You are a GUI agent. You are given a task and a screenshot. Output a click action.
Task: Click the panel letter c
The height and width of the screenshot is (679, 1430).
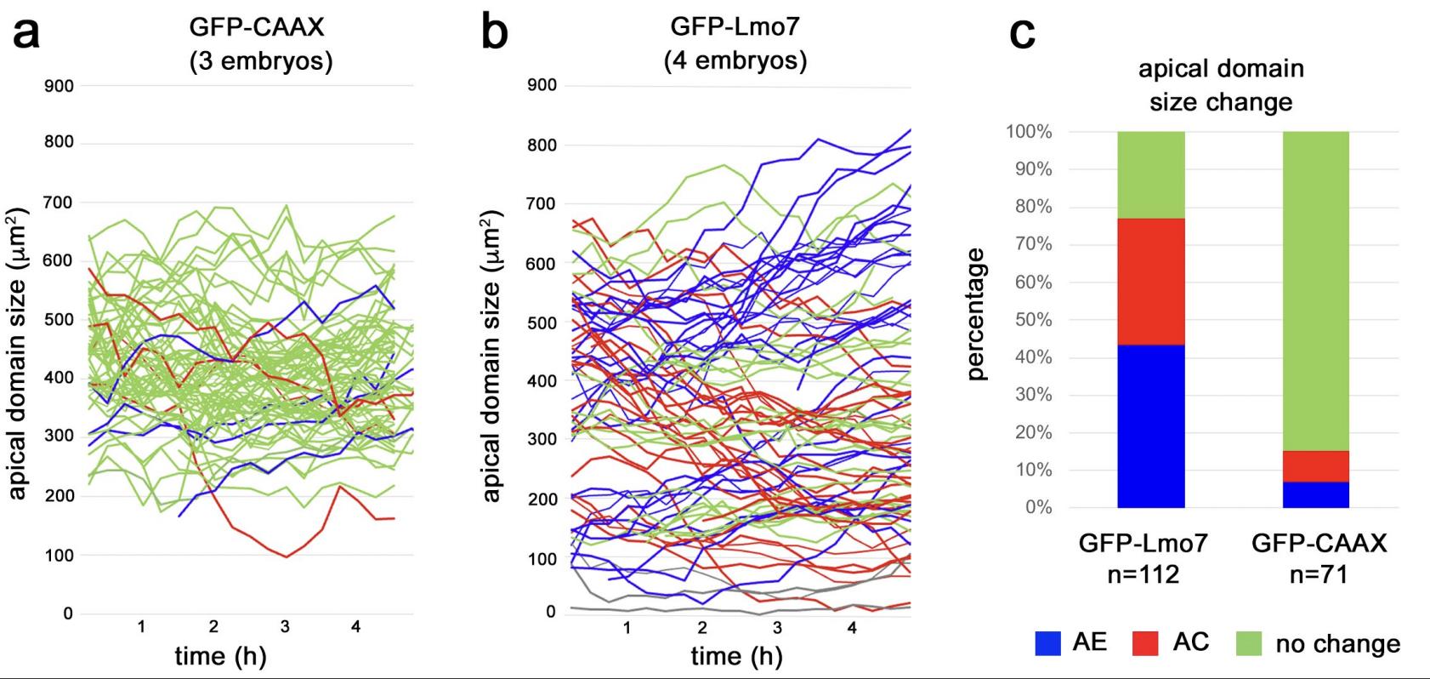(x=1022, y=34)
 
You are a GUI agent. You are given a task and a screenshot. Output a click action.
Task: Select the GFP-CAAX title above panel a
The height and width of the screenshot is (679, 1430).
(x=257, y=27)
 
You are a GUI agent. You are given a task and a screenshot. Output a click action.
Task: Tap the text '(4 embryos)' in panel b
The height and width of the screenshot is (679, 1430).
(x=735, y=60)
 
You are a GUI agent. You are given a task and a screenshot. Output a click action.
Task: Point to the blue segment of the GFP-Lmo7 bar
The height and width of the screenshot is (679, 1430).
(x=1151, y=425)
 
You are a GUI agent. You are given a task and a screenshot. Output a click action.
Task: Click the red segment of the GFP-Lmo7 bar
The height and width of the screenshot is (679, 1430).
(x=1151, y=282)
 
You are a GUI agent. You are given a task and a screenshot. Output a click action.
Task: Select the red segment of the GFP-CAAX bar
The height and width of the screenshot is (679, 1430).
(x=1316, y=466)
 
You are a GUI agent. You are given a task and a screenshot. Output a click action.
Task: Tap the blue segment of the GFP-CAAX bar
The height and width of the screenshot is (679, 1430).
(x=1316, y=494)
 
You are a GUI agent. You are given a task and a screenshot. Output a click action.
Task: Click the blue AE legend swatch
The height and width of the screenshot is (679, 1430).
(x=1048, y=643)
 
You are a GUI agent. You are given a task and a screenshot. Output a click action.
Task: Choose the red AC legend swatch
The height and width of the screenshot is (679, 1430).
(x=1146, y=643)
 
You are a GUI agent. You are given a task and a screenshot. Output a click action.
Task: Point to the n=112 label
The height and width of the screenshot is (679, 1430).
(x=1143, y=574)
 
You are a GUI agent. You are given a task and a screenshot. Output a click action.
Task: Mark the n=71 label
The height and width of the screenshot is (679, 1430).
(x=1319, y=574)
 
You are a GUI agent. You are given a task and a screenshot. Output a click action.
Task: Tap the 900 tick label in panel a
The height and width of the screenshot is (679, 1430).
(x=59, y=86)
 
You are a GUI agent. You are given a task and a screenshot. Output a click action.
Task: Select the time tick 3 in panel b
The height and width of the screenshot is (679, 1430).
(x=777, y=628)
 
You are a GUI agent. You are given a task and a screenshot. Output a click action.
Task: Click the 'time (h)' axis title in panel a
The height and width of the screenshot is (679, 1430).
(x=220, y=656)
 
